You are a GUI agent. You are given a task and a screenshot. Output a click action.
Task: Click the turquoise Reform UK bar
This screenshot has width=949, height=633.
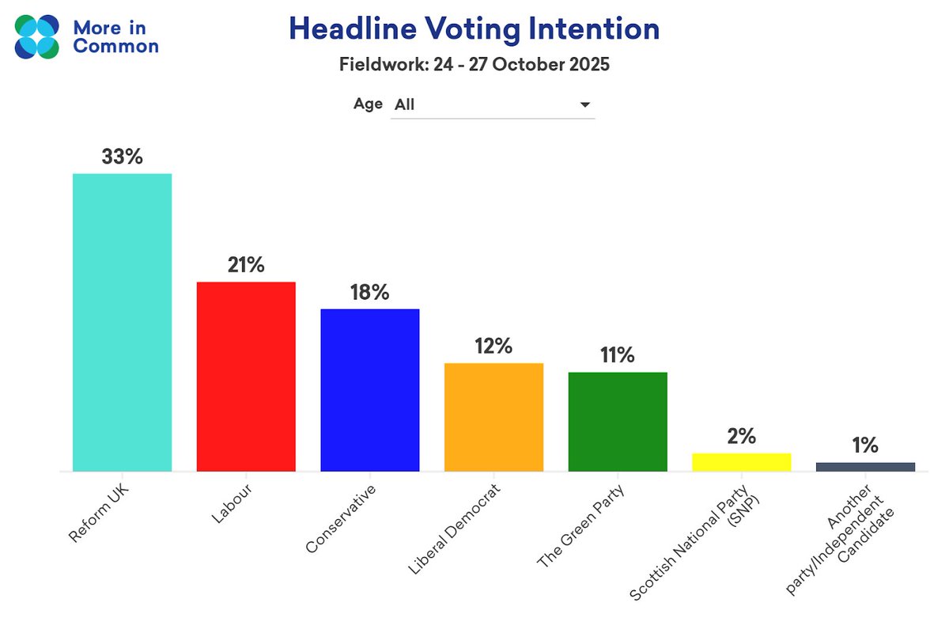click(x=122, y=322)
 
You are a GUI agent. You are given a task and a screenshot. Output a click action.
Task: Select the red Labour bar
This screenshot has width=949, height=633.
click(x=246, y=376)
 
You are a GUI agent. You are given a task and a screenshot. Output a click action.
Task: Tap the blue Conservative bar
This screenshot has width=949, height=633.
click(x=369, y=389)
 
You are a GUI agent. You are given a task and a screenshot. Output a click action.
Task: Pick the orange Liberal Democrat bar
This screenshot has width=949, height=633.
click(x=493, y=417)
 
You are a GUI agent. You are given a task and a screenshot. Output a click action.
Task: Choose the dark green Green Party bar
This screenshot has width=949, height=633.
click(x=618, y=421)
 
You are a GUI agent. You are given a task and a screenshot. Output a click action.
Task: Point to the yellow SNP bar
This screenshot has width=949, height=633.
click(x=741, y=462)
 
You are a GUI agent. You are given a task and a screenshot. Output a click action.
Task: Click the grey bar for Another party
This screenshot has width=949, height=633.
click(x=865, y=467)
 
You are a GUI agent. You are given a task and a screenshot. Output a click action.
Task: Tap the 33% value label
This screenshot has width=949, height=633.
click(x=122, y=157)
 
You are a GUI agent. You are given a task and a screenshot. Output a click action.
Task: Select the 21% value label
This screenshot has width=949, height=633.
click(x=246, y=265)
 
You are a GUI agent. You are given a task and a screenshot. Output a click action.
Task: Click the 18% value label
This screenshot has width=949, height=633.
click(x=369, y=292)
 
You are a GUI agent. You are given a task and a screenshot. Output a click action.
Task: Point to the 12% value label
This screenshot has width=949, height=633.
click(x=493, y=346)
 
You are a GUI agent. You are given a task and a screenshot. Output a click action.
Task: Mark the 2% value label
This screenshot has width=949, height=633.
click(x=741, y=436)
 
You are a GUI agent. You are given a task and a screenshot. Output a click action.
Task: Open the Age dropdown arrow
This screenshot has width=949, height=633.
click(x=585, y=105)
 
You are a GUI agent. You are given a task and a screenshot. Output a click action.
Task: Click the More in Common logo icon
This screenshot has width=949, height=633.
click(x=37, y=36)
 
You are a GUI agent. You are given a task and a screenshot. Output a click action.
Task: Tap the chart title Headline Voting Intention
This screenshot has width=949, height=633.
click(x=474, y=30)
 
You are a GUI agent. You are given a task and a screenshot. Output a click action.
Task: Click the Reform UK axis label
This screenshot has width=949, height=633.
click(x=99, y=515)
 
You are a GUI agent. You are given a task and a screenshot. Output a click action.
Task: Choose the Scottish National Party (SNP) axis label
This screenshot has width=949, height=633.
click(x=700, y=546)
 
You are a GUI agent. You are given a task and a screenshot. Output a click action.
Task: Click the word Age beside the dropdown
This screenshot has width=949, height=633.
click(x=368, y=104)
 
